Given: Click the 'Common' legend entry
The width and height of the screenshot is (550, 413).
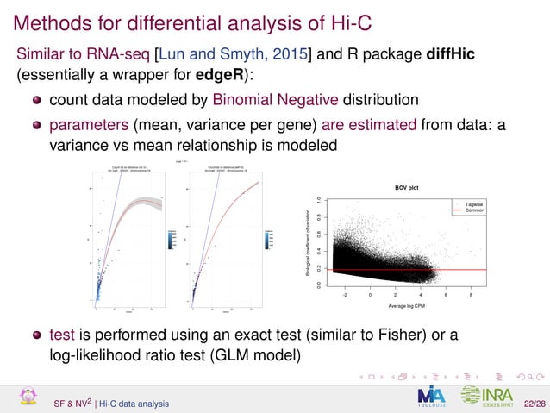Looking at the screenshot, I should tap(474, 210).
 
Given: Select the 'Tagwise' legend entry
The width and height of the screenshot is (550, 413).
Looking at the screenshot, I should tap(474, 203).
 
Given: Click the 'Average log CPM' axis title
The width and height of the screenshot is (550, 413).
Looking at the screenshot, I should tap(397, 306).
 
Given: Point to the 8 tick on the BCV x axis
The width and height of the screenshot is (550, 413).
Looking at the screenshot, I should tap(471, 294).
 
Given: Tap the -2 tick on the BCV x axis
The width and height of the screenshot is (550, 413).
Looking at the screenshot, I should tap(346, 294).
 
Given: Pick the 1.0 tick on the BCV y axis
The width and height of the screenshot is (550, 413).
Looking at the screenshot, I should tap(319, 200).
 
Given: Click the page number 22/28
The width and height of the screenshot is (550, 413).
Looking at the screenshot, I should tap(534, 403).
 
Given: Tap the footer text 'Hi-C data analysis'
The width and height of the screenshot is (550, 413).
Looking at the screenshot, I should tap(134, 403).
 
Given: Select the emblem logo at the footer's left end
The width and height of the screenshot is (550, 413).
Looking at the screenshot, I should tap(29, 397).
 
